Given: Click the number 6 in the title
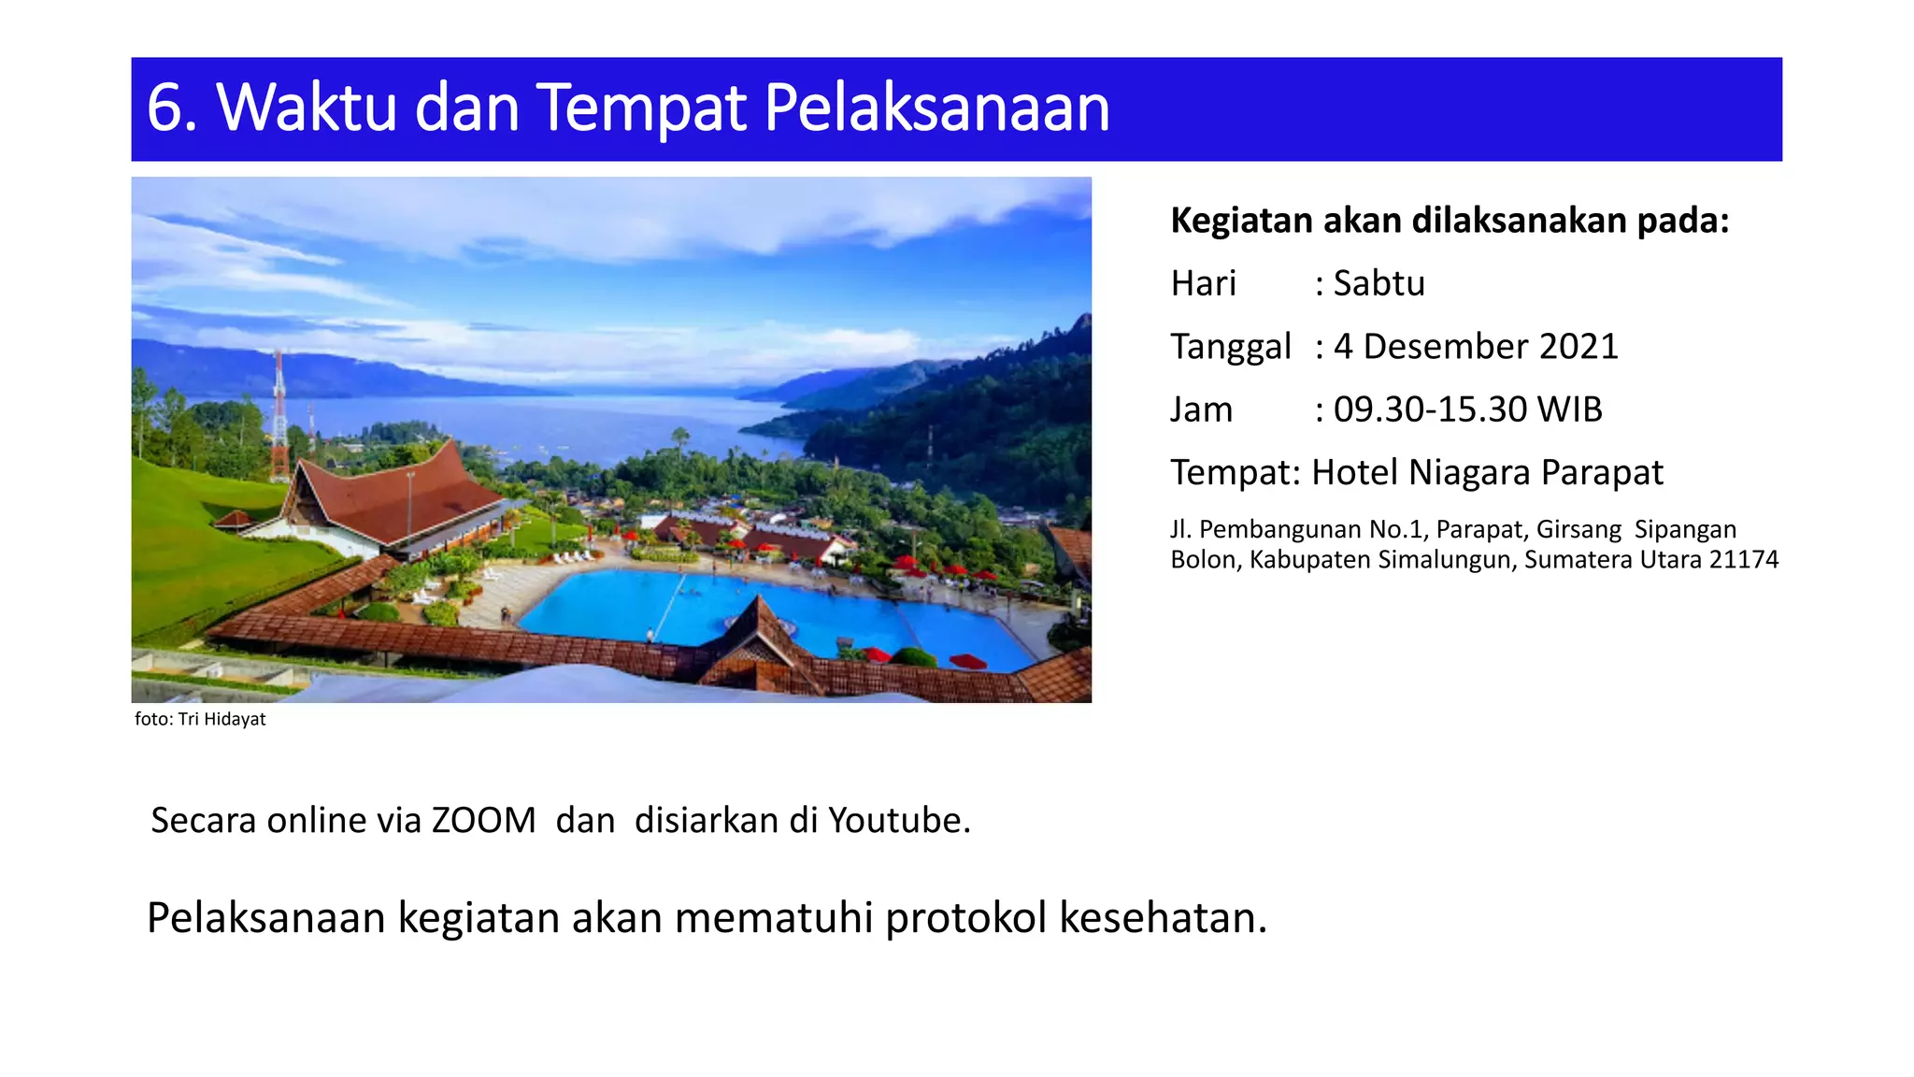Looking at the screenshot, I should (166, 108).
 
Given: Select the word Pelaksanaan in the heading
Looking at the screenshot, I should (936, 108).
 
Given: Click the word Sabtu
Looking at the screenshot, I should (1378, 283).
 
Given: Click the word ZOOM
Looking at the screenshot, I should (483, 820).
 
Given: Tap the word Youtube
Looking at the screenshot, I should (899, 820).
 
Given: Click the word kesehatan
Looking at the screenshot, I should (1163, 917).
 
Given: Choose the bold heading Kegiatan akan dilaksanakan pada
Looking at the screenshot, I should (1450, 221).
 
